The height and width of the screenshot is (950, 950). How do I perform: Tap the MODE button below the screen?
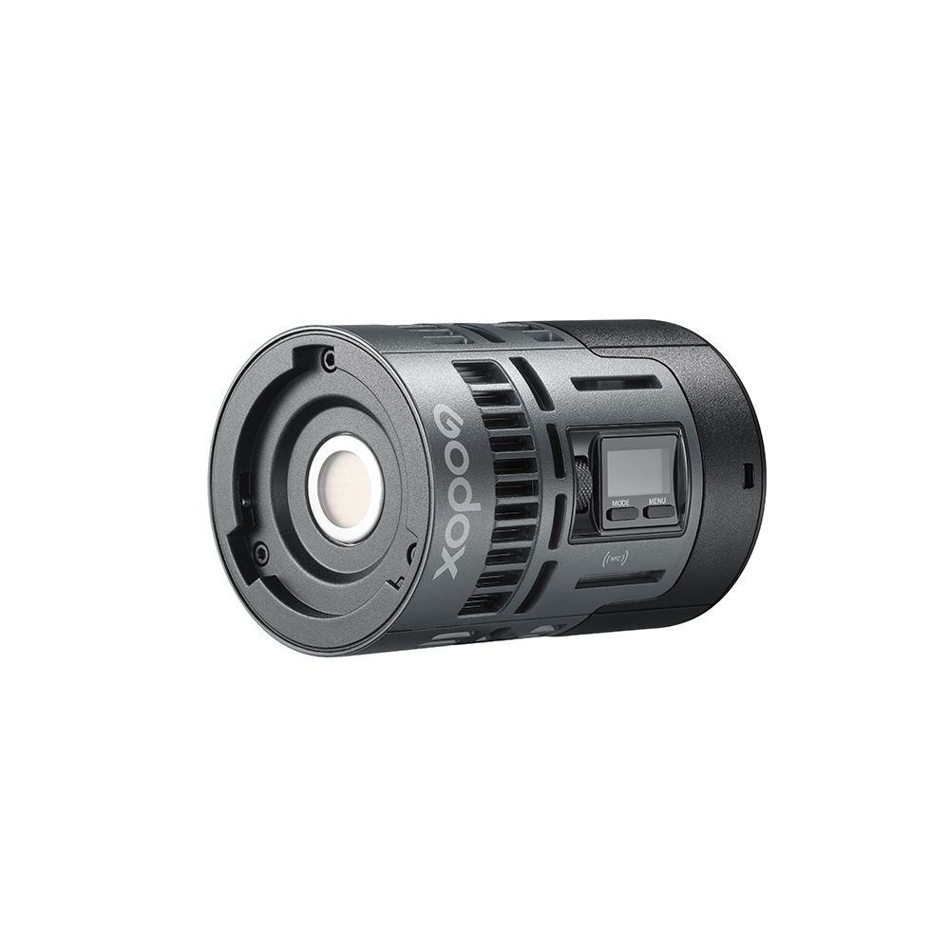pyautogui.click(x=623, y=514)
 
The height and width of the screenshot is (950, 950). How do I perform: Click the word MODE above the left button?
pyautogui.click(x=620, y=501)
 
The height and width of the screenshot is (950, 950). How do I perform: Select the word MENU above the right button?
pyautogui.click(x=656, y=501)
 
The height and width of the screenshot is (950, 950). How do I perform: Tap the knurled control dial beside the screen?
pyautogui.click(x=583, y=484)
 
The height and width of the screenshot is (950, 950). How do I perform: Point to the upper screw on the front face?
pyautogui.click(x=329, y=361)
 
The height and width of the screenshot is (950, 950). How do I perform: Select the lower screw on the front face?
pyautogui.click(x=259, y=550)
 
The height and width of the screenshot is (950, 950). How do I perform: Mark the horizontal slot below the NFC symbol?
pyautogui.click(x=617, y=579)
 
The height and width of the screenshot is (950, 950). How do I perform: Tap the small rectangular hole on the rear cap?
pyautogui.click(x=748, y=471)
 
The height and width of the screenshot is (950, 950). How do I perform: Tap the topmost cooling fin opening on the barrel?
pyautogui.click(x=474, y=372)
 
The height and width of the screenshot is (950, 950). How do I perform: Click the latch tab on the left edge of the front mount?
pyautogui.click(x=246, y=494)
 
